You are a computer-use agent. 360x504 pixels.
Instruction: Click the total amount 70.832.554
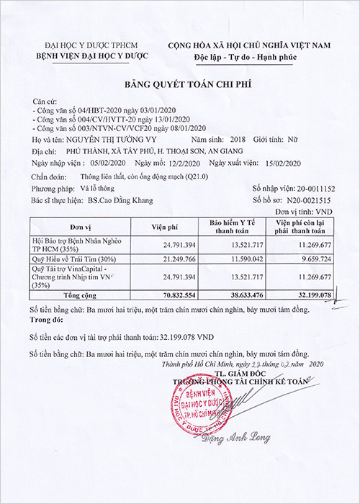pyautogui.click(x=176, y=294)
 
